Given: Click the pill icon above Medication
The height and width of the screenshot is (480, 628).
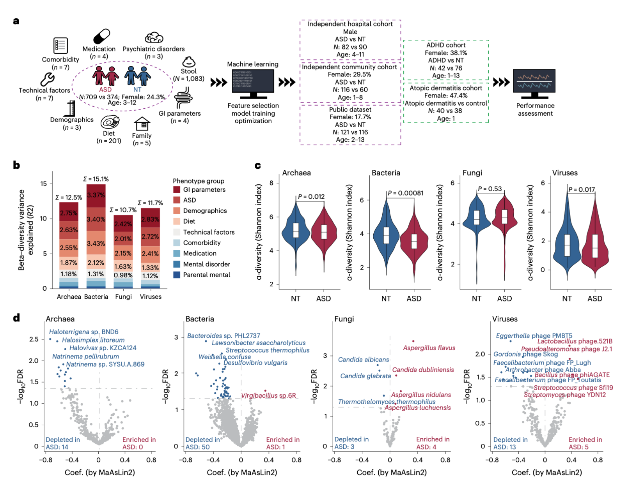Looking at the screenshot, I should (x=101, y=37).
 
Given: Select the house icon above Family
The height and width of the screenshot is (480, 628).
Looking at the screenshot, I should (x=142, y=124).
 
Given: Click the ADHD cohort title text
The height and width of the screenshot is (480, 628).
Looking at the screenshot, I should (x=446, y=45).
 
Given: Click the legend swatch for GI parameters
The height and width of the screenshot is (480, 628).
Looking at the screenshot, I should (x=177, y=190).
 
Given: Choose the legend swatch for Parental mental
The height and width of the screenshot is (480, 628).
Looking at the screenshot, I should (x=177, y=275).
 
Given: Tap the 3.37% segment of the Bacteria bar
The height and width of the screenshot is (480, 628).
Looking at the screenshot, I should (x=96, y=195).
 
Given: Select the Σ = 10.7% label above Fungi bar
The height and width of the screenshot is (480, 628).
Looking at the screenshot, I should (x=123, y=210).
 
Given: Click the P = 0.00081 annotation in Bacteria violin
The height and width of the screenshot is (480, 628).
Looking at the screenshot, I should (x=405, y=193).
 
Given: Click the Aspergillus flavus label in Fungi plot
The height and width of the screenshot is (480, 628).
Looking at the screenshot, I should (x=429, y=348).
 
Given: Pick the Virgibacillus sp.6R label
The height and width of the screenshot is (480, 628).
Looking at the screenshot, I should (x=268, y=395).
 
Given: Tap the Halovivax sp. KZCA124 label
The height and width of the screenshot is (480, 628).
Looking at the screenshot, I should (x=103, y=348).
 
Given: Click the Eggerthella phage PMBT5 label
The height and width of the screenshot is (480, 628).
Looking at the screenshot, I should (x=534, y=336).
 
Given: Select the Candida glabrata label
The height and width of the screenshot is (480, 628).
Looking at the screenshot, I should (x=365, y=376).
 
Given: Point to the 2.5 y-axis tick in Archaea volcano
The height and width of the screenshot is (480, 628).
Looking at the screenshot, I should (x=34, y=339).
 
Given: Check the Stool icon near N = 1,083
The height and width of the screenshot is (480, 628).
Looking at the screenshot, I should (x=188, y=62).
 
